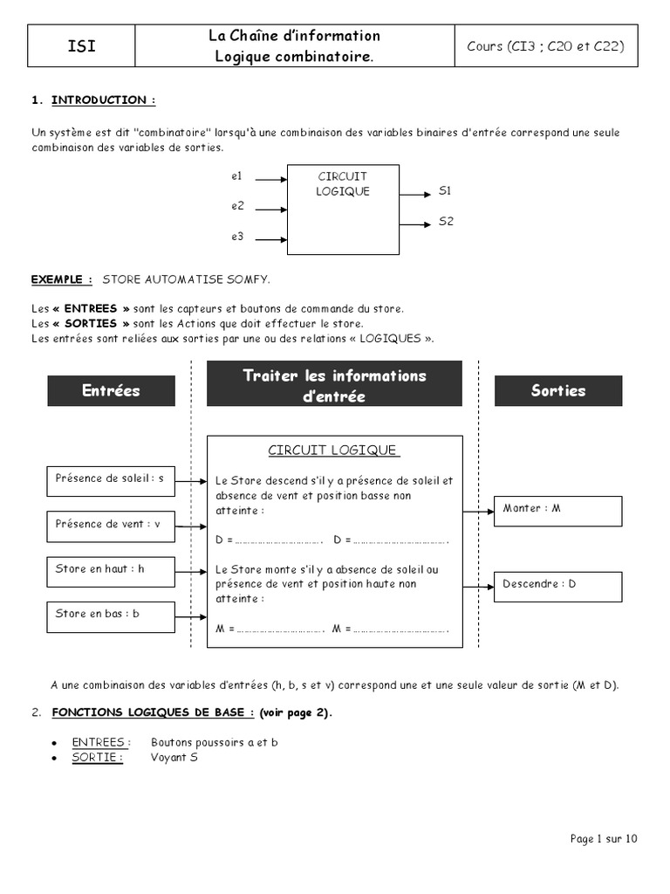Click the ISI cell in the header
tap(81, 46)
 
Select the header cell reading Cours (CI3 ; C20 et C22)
tap(545, 46)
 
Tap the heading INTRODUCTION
tap(104, 100)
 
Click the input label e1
tap(236, 175)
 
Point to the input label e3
tap(236, 237)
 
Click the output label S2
tap(446, 222)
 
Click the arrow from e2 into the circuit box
tap(271, 210)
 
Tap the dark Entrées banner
tap(111, 390)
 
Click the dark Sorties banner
tap(558, 390)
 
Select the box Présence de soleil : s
tap(110, 479)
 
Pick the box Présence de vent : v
tap(110, 525)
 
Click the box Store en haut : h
tap(110, 569)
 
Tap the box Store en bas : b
tap(110, 615)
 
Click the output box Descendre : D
tap(558, 586)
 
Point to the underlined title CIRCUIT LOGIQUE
tap(333, 450)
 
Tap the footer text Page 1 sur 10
tap(604, 839)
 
